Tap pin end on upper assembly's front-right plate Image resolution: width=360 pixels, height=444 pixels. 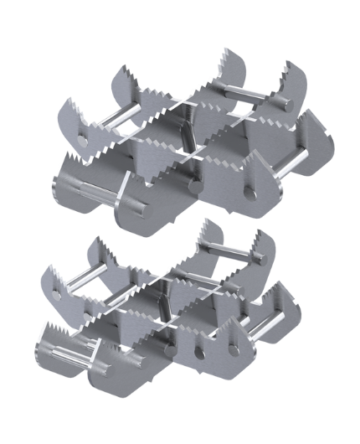pyautogui.click(x=249, y=194)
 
